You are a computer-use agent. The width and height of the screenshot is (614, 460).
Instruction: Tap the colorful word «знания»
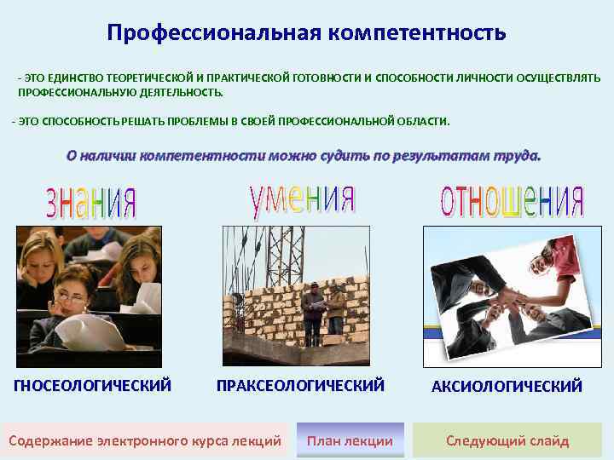pyautogui.click(x=90, y=202)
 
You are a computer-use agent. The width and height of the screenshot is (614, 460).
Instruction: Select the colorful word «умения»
pyautogui.click(x=302, y=198)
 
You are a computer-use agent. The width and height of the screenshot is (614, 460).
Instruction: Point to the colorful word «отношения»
pyautogui.click(x=511, y=202)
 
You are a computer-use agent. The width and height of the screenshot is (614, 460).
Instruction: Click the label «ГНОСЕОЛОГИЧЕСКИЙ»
pyautogui.click(x=93, y=386)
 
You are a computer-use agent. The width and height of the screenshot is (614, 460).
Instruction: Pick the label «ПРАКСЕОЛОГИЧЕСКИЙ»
pyautogui.click(x=300, y=386)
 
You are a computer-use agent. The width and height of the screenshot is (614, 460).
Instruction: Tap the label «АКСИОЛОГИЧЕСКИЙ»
pyautogui.click(x=507, y=387)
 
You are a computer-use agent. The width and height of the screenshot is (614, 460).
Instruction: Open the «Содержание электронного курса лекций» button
pyautogui.click(x=144, y=440)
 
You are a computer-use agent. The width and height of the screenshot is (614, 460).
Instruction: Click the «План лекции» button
pyautogui.click(x=350, y=440)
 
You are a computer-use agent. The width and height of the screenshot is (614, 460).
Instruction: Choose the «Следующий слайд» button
pyautogui.click(x=507, y=440)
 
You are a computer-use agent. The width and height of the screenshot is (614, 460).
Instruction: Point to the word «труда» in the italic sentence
pyautogui.click(x=515, y=156)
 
